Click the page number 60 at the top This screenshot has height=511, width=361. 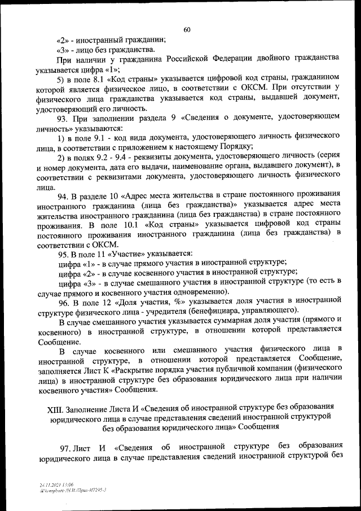click(x=187, y=30)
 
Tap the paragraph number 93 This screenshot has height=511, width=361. click(x=63, y=117)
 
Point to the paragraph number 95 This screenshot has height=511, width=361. click(x=63, y=254)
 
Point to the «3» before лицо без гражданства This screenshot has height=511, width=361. click(x=63, y=50)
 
